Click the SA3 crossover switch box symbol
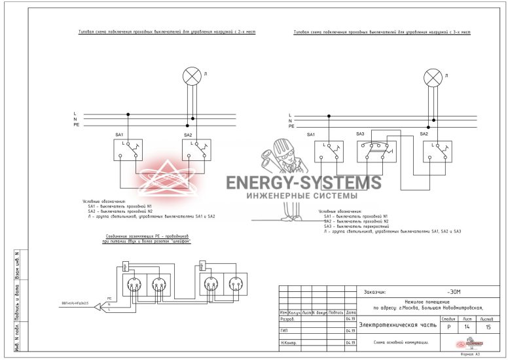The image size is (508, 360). point(376,150)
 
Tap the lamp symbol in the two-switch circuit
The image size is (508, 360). point(192,76)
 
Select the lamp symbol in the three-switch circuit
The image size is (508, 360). point(433,79)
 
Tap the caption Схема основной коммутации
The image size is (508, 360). point(401,342)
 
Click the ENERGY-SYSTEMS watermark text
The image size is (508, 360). point(302,183)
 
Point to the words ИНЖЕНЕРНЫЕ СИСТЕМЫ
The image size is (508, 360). point(302,196)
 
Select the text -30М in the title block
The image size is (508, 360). point(454,292)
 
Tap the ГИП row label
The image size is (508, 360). point(285,331)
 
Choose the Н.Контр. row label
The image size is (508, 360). point(287,342)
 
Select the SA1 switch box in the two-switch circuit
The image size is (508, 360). point(128,150)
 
